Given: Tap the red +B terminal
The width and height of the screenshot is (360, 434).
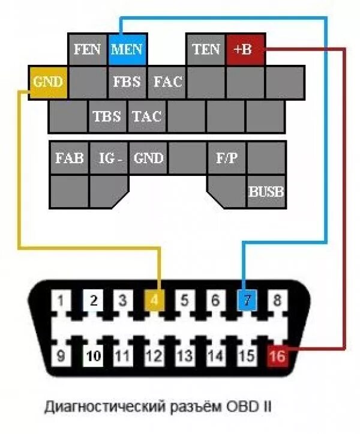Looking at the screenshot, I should [x=245, y=49].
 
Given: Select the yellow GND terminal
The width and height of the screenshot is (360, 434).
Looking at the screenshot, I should [x=48, y=82].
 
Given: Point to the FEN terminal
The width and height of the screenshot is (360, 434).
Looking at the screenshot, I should [x=88, y=49].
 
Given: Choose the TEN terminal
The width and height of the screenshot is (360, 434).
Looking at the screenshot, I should [x=206, y=49].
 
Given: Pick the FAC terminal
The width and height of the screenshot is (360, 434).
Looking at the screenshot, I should [x=167, y=82].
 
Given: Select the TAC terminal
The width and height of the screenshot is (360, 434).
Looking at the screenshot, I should [x=147, y=116].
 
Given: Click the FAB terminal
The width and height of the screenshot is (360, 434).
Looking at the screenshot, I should [x=69, y=158].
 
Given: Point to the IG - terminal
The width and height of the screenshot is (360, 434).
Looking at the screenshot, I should [x=109, y=158].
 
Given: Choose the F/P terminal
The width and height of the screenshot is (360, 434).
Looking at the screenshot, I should [x=227, y=158].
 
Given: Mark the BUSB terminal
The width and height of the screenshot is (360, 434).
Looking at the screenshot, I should [x=266, y=192].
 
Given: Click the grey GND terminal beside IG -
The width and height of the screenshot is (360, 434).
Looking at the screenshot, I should [x=148, y=158].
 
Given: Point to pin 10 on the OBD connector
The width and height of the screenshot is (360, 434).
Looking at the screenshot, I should [x=92, y=355].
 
